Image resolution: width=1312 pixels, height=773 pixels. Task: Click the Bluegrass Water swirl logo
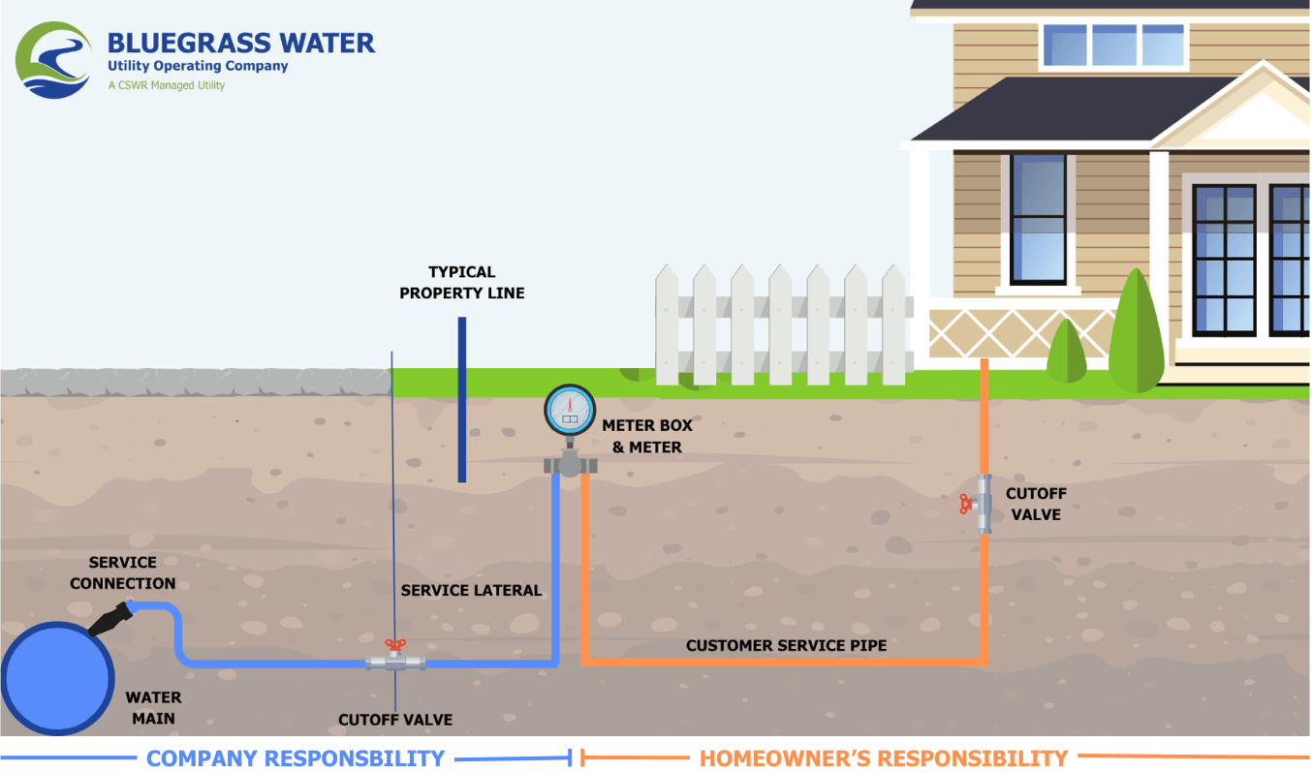pyautogui.click(x=53, y=60)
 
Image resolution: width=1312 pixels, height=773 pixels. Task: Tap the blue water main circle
pyautogui.click(x=57, y=678)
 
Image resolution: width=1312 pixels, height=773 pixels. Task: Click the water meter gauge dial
pyautogui.click(x=570, y=410)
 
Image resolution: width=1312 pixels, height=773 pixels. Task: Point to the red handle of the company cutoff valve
pyautogui.click(x=395, y=645)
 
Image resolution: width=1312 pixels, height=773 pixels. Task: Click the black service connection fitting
pyautogui.click(x=110, y=620)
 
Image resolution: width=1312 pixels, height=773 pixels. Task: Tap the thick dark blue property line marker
pyautogui.click(x=462, y=399)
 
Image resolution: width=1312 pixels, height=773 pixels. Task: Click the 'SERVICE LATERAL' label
pyautogui.click(x=471, y=590)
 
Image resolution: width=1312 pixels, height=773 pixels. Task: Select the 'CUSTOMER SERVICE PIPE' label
pyautogui.click(x=786, y=645)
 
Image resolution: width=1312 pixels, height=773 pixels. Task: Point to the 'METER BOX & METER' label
pyautogui.click(x=647, y=436)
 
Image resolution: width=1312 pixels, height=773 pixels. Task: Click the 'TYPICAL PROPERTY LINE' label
pyautogui.click(x=461, y=282)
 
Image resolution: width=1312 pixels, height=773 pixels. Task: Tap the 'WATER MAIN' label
pyautogui.click(x=153, y=707)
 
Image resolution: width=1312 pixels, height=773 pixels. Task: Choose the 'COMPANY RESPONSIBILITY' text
pyautogui.click(x=296, y=758)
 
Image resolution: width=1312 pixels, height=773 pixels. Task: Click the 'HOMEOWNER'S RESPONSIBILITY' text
pyautogui.click(x=884, y=758)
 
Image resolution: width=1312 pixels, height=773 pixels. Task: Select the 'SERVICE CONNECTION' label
pyautogui.click(x=122, y=572)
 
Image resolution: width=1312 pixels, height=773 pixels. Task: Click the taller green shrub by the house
pyautogui.click(x=1137, y=331)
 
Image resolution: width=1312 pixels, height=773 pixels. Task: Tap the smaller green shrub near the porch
pyautogui.click(x=1067, y=352)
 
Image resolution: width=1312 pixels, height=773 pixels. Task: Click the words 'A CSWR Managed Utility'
pyautogui.click(x=167, y=85)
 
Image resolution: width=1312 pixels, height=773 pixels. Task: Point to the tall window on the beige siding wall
pyautogui.click(x=1038, y=219)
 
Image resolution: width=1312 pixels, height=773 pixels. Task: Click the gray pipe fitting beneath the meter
pyautogui.click(x=570, y=463)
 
